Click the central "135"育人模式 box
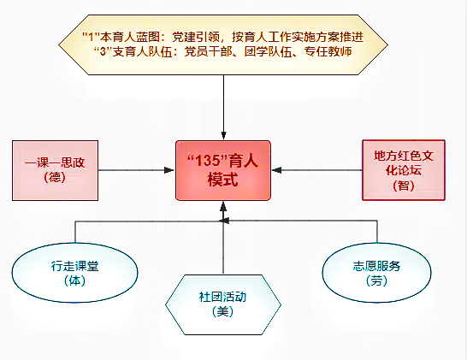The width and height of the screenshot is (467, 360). [223, 170]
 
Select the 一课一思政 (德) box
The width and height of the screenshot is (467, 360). [55, 170]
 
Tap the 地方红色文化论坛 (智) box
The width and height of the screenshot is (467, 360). [404, 170]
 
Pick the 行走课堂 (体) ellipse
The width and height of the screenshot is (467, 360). [74, 273]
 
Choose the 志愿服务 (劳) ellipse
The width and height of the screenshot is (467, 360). [376, 273]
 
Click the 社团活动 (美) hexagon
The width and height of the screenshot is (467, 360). [223, 304]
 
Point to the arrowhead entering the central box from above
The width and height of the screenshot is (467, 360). [224, 136]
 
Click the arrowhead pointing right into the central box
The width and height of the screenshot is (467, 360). [169, 170]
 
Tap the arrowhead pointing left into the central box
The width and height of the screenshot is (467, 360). [276, 170]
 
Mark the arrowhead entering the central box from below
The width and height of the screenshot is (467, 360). [223, 206]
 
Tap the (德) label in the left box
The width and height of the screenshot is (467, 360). [55, 178]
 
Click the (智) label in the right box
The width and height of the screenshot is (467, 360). [404, 186]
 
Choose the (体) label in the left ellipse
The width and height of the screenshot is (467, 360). [74, 280]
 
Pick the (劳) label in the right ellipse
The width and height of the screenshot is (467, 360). [376, 280]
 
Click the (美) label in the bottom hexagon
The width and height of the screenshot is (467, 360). [222, 312]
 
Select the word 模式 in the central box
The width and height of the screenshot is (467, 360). [222, 180]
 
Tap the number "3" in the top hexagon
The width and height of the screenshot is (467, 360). [103, 52]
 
